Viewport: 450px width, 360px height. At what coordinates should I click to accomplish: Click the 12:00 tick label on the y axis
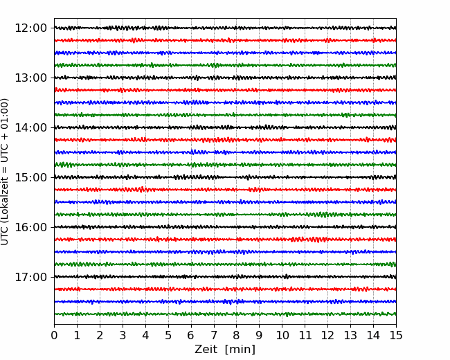[30, 28]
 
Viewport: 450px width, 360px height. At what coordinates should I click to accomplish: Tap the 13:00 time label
[30, 78]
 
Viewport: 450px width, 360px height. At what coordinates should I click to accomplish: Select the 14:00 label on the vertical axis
[30, 127]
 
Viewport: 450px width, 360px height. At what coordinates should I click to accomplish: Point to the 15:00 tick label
[30, 177]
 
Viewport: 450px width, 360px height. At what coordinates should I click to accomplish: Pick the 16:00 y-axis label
[30, 227]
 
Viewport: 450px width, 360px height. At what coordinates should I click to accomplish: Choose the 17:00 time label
[30, 277]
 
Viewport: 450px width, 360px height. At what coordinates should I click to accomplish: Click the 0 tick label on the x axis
[54, 335]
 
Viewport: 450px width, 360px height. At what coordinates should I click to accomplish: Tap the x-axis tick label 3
[123, 335]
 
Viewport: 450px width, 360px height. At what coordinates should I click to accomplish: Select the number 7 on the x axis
[214, 335]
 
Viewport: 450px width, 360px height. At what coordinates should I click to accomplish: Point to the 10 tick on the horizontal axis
[282, 335]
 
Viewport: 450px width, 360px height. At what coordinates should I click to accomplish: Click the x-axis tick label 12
[327, 335]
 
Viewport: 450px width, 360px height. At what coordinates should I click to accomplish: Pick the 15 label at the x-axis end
[396, 335]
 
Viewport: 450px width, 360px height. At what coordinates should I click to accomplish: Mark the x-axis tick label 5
[168, 335]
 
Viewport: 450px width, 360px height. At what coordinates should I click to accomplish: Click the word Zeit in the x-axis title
[206, 349]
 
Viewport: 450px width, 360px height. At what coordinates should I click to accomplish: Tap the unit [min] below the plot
[240, 350]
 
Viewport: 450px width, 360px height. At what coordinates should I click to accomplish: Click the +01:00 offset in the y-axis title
[4, 115]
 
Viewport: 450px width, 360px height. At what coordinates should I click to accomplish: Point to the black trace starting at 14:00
[225, 127]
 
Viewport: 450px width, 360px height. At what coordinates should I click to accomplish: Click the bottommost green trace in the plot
[225, 314]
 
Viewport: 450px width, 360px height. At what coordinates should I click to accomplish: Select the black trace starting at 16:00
[225, 227]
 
